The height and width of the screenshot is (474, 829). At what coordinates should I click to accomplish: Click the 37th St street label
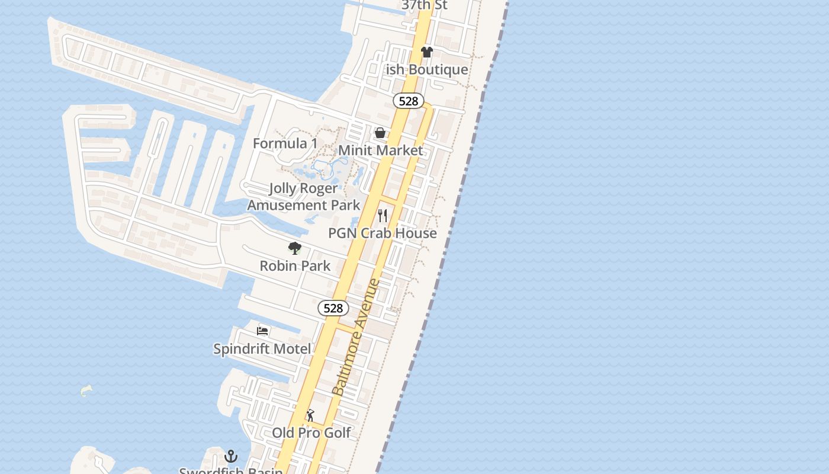425,5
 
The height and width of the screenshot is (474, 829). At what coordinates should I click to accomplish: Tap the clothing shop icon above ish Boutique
427,52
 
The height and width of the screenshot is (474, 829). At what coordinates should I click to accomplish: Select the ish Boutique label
427,69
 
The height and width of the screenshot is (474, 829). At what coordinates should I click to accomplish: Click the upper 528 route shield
409,101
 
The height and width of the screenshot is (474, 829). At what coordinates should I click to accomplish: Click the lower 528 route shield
333,308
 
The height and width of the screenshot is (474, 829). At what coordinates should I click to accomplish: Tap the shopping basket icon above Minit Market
380,133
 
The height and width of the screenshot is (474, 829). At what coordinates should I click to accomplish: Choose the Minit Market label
380,150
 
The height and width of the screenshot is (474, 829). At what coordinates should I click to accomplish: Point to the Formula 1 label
285,143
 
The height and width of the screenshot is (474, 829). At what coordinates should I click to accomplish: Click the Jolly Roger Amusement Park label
303,197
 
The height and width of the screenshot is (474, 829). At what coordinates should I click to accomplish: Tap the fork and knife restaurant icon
383,215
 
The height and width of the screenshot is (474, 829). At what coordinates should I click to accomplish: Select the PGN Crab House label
383,233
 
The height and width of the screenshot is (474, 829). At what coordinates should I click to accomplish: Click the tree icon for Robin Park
295,248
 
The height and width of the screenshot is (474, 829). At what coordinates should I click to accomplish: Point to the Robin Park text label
295,265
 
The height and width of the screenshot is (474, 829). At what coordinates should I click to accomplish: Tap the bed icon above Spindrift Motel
262,331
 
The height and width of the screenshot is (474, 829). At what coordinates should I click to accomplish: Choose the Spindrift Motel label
262,349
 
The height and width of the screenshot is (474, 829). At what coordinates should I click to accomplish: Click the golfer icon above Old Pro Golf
310,415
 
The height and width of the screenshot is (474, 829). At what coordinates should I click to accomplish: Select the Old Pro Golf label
311,433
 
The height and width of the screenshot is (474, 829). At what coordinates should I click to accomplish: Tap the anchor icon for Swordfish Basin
231,456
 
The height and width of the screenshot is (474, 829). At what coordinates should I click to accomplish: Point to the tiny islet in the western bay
86,390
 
